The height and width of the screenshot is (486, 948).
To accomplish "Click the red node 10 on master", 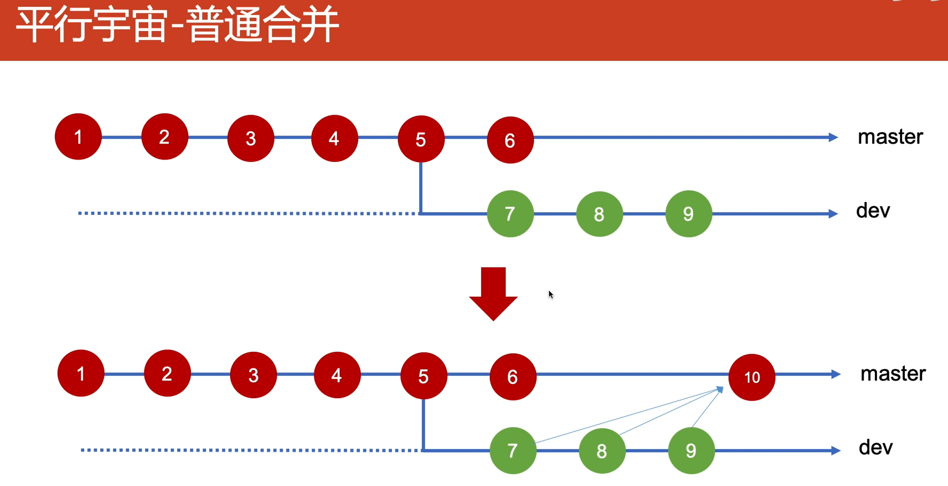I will point(752,377).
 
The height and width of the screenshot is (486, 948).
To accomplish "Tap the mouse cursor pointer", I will point(551,295).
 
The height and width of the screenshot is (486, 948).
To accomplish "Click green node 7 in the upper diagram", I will point(510,214).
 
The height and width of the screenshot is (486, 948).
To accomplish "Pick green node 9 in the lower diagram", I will point(691,451).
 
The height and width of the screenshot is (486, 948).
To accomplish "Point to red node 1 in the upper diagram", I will point(78,137).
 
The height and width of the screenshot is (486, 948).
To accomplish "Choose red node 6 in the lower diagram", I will point(513,377).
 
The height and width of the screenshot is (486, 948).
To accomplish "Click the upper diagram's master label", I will point(890,137).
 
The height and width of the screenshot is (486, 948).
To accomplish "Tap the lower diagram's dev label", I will point(875,448).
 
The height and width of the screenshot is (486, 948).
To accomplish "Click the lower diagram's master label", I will point(893,374).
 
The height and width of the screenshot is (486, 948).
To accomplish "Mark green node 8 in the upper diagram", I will point(599,214).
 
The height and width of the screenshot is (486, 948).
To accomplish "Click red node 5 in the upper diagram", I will point(421,139).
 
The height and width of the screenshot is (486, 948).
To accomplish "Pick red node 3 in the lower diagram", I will point(253,375).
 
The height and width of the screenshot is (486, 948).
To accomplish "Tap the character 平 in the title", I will point(34,25).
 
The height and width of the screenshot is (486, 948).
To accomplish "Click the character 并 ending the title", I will point(321,25).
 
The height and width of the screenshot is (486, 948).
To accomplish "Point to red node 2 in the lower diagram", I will point(167,374).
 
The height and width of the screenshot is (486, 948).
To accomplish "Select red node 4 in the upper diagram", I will point(334,138).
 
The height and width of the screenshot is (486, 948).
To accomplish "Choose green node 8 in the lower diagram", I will point(602,451).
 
